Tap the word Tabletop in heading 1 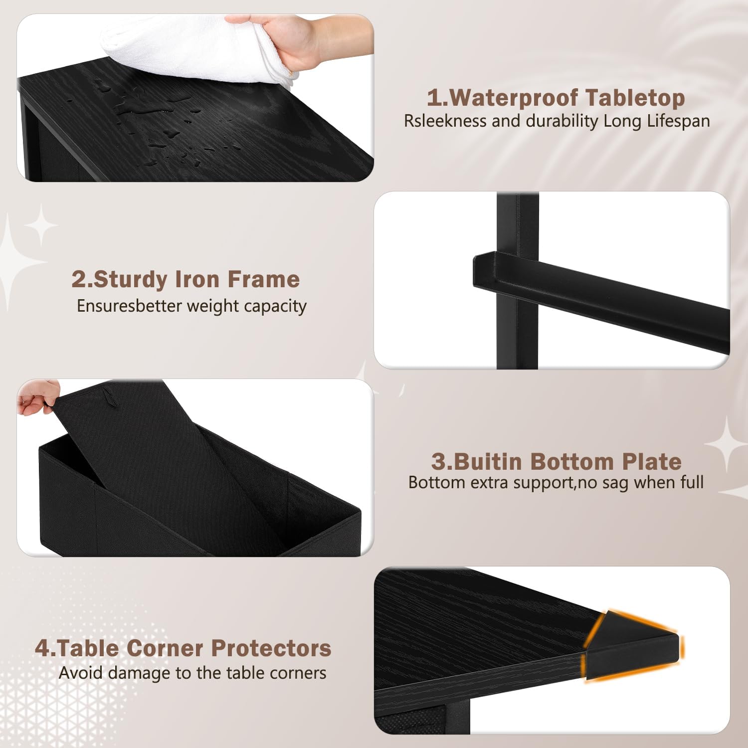coord(635,98)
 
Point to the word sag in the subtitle coord(615,483)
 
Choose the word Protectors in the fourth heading coord(271,648)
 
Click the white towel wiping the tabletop coord(199,47)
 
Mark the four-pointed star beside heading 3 coord(727,444)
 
